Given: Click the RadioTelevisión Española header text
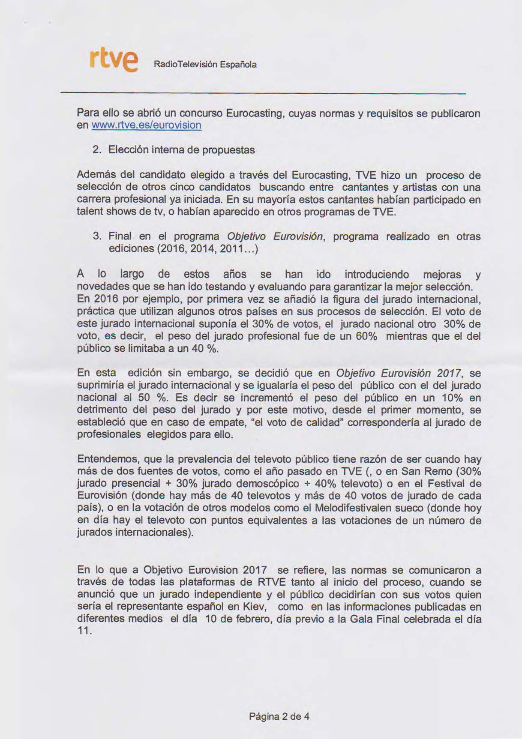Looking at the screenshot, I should coord(205,65).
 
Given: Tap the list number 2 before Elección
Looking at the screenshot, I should coord(96,150).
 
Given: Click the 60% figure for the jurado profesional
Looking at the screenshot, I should coord(366,336).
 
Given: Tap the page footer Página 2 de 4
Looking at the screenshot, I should coord(279,716).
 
